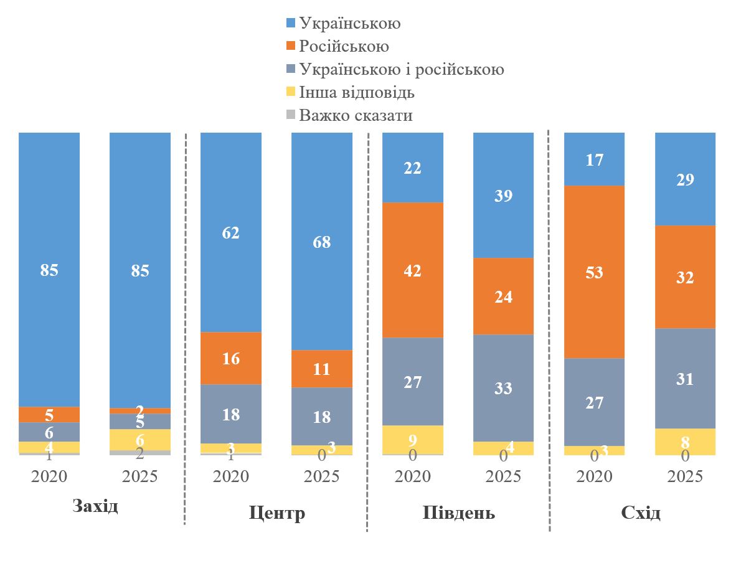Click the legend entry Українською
click(349, 24)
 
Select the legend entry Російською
click(343, 47)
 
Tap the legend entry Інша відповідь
click(356, 93)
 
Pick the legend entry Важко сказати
click(355, 116)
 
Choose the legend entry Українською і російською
click(401, 69)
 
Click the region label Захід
click(95, 505)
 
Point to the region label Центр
click(276, 513)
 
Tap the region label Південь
click(459, 513)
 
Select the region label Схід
click(640, 513)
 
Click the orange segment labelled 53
click(595, 272)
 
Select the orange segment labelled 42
click(413, 270)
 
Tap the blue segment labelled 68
click(322, 241)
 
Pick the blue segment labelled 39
click(504, 195)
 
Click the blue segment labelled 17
click(595, 159)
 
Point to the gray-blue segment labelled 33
click(504, 387)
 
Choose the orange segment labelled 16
click(231, 357)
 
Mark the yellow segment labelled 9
click(413, 439)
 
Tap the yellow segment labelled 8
click(685, 441)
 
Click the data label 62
click(231, 232)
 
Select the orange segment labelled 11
click(322, 368)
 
